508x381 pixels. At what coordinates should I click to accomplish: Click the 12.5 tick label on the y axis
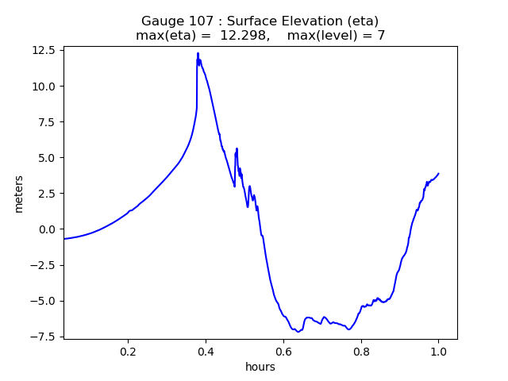[x=44, y=50]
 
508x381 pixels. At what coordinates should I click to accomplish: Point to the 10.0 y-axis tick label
[x=44, y=86]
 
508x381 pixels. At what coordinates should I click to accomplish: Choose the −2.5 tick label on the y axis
[x=44, y=265]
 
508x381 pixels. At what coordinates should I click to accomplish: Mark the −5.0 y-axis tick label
[x=44, y=301]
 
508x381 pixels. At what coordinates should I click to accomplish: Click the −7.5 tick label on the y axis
[x=44, y=337]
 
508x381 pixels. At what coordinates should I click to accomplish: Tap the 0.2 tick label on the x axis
[x=128, y=352]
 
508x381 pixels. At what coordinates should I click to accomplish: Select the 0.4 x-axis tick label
[x=206, y=352]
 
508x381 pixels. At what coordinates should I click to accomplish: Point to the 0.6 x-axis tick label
[x=283, y=352]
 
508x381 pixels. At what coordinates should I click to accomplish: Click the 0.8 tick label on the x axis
[x=360, y=352]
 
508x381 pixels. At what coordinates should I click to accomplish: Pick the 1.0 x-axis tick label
[x=438, y=352]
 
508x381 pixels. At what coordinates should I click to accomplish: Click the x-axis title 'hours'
[x=260, y=368]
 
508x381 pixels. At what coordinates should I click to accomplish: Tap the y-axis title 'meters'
[x=18, y=193]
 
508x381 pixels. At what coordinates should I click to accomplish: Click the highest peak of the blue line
[x=198, y=53]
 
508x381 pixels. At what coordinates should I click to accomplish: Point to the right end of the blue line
[x=438, y=173]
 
